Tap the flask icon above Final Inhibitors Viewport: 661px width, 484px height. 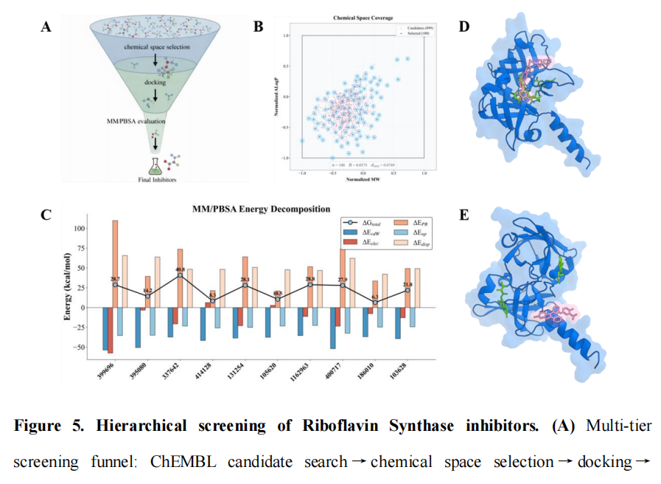tap(156, 165)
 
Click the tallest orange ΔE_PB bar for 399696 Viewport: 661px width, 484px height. tap(115, 262)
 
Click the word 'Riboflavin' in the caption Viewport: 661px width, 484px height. tap(342, 426)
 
